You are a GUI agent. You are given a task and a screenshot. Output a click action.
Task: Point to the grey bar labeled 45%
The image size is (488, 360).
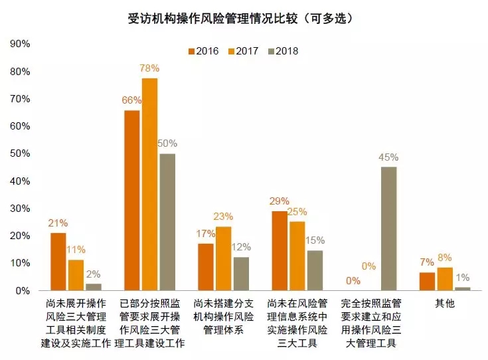pos(388,228)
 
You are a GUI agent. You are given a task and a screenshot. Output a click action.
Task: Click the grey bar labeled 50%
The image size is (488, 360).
pos(167,222)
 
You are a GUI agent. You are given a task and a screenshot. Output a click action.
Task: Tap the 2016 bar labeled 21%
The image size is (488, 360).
pos(58,262)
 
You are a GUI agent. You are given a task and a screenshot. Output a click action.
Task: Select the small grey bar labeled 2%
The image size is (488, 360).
pos(94,287)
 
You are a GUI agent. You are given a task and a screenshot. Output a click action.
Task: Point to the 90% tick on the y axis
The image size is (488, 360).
pos(20,44)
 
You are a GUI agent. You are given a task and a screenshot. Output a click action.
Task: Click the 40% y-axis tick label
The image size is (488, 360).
pos(20,181)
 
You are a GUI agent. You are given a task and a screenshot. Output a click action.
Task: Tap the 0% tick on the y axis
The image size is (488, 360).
pos(23,291)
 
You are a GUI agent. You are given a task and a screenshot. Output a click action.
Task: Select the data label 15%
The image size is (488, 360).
pos(316,240)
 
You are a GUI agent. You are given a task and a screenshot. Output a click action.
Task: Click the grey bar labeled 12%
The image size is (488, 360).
pos(241,274)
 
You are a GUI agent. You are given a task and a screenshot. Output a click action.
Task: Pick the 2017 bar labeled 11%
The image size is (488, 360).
pos(76,275)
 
